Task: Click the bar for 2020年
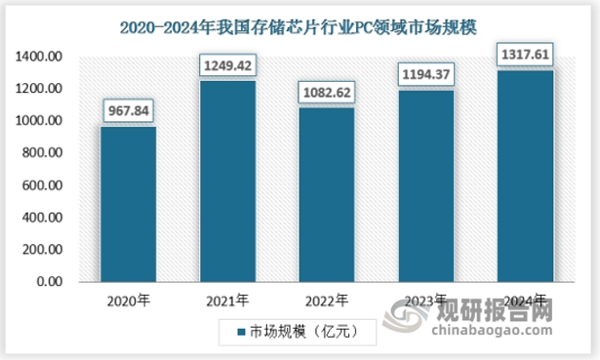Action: pos(129,204)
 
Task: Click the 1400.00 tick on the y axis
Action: pos(40,58)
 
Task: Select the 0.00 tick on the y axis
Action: pos(50,282)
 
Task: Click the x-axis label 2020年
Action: pos(129,300)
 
